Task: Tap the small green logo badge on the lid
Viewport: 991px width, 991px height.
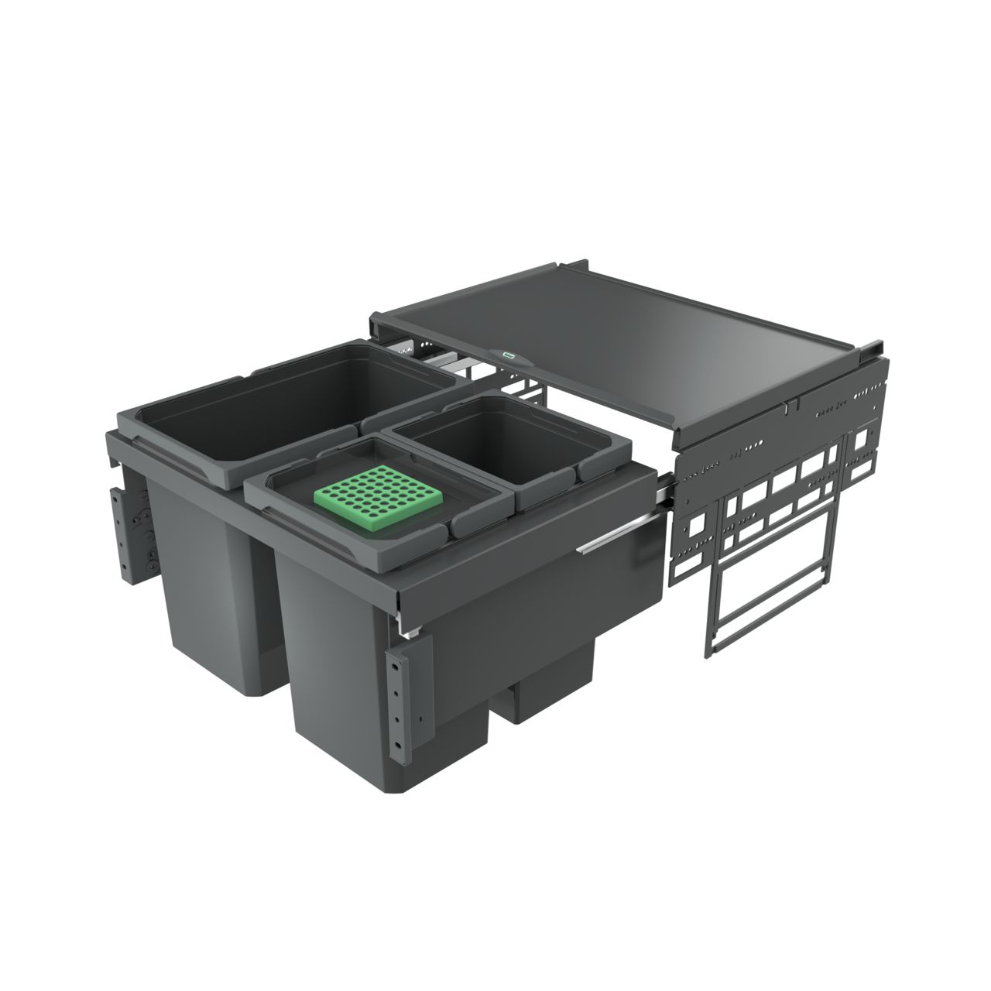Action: point(509,356)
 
